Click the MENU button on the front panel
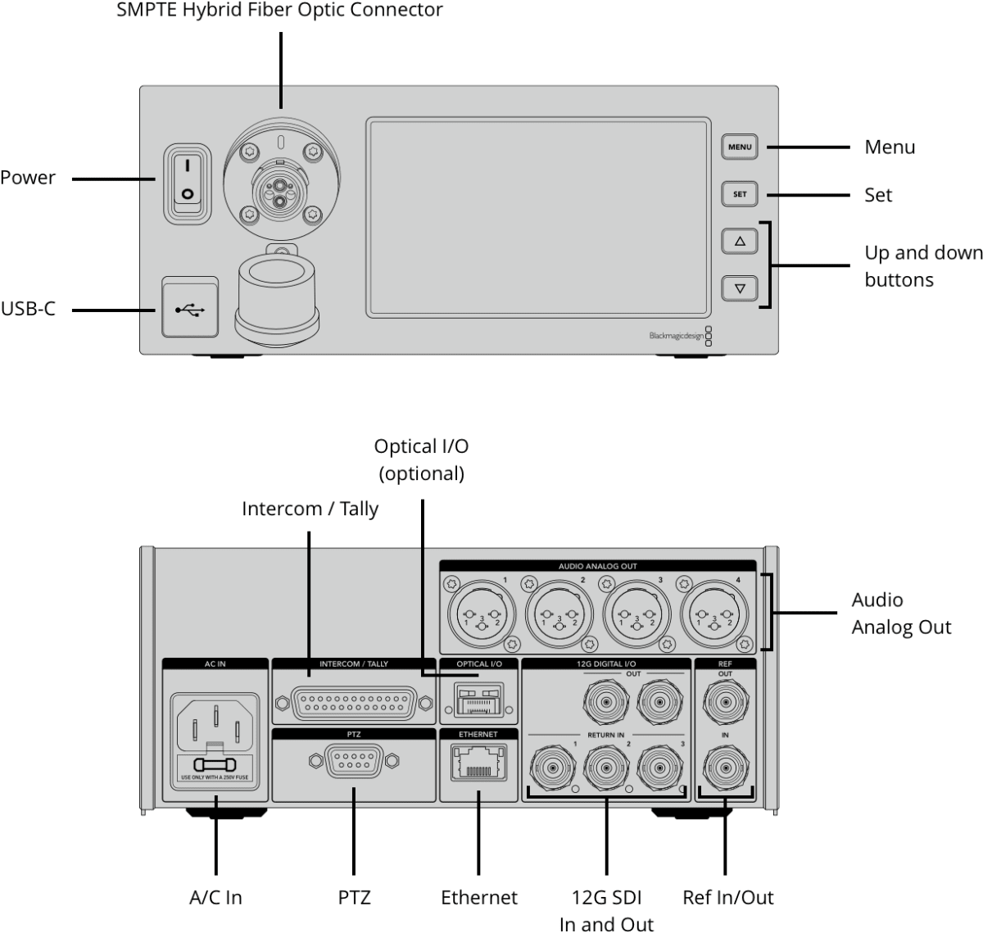click(740, 147)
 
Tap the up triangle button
click(740, 242)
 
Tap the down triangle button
click(740, 288)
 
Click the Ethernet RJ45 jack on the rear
click(478, 763)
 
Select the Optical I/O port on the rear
click(478, 702)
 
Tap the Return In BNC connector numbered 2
click(605, 768)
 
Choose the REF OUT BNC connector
click(725, 701)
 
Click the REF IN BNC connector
click(725, 768)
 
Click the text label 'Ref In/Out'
click(727, 897)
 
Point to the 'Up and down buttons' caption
click(922, 266)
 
